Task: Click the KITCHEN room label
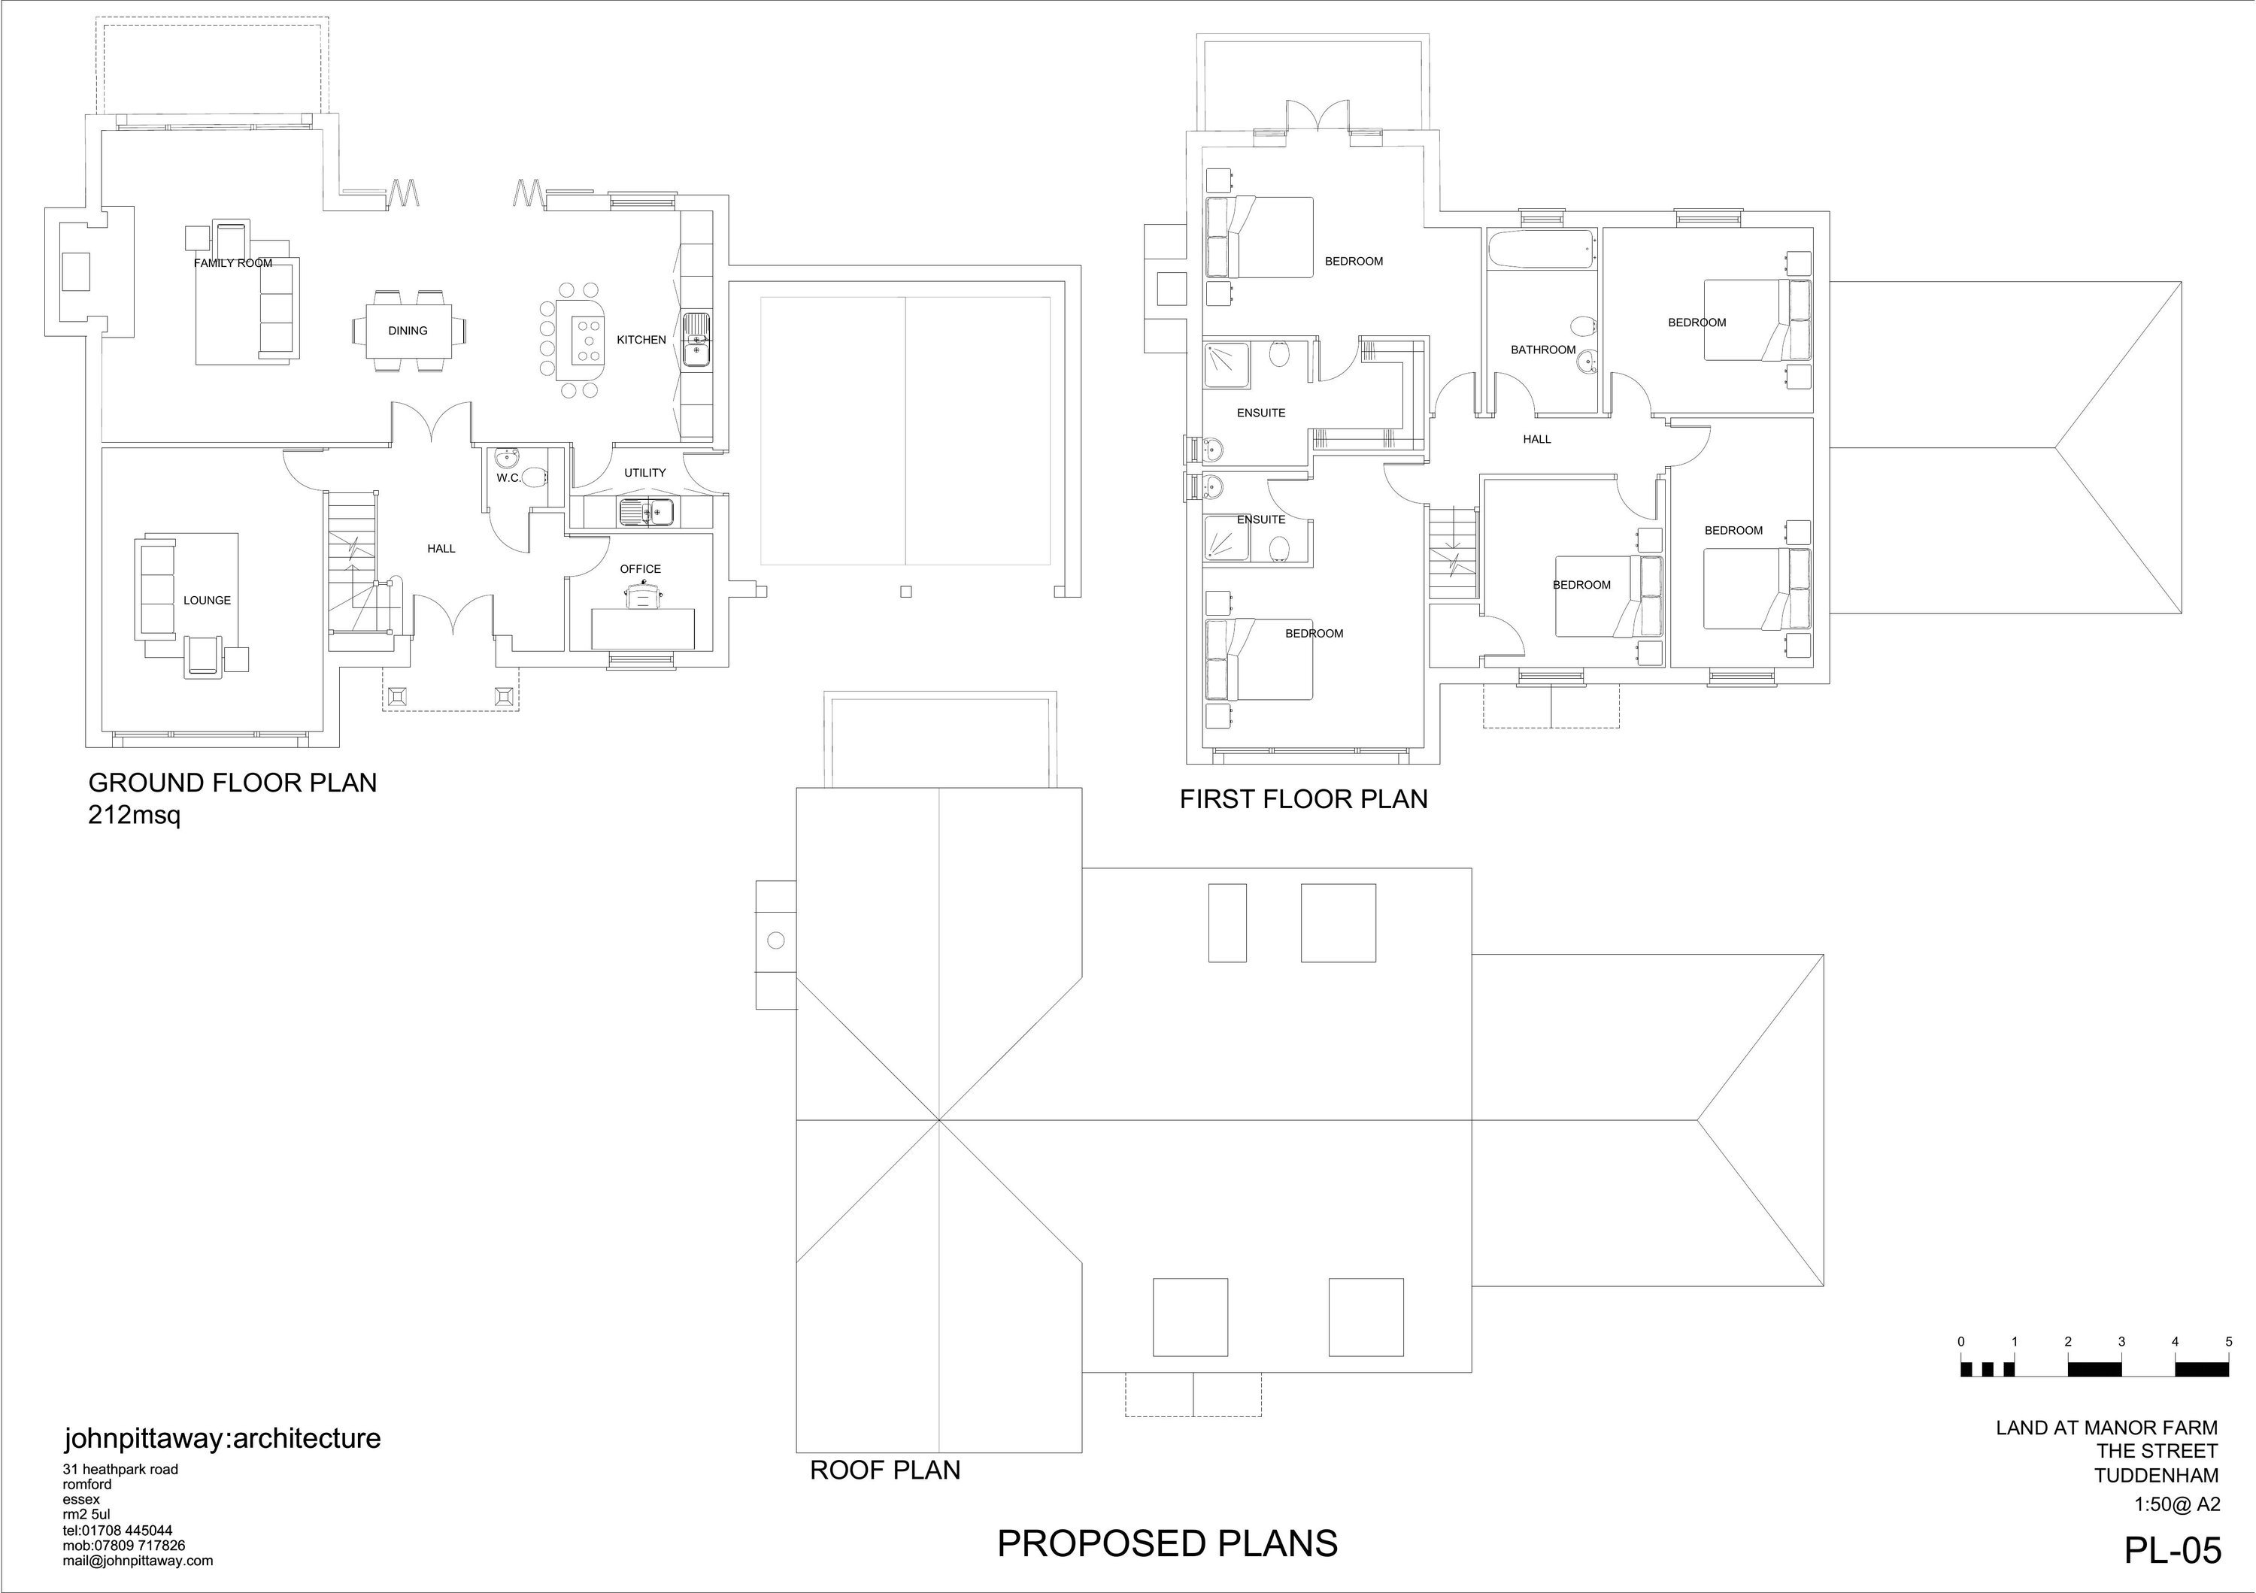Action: tap(641, 340)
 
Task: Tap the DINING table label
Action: tap(408, 331)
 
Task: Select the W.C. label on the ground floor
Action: tap(508, 478)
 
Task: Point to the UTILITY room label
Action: tap(644, 472)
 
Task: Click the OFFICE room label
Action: tap(641, 568)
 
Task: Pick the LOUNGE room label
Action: tap(208, 600)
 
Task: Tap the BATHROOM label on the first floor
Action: tap(1542, 350)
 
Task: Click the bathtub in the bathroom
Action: tap(1542, 250)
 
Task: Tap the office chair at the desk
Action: tap(644, 594)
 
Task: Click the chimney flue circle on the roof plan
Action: tap(775, 941)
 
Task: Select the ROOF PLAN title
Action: tap(885, 1470)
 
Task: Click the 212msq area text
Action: tap(135, 815)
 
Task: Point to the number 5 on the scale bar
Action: tap(2228, 1342)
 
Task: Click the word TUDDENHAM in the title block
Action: tap(2156, 1476)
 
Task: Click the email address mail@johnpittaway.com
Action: tap(138, 1561)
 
